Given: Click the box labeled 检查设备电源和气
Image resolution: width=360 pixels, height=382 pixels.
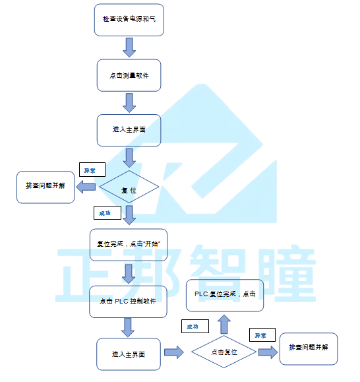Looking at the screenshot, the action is pyautogui.click(x=129, y=20).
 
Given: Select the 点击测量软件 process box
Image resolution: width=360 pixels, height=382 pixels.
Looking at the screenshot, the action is pyautogui.click(x=129, y=75).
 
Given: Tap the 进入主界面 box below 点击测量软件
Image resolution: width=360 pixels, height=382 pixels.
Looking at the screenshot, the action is pyautogui.click(x=129, y=131).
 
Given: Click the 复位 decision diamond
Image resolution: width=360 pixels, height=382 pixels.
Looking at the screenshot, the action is pyautogui.click(x=129, y=187).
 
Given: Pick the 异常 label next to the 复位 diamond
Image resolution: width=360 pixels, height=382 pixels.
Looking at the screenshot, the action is pyautogui.click(x=92, y=170).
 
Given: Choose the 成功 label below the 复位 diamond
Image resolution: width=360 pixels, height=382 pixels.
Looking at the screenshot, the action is pyautogui.click(x=107, y=212).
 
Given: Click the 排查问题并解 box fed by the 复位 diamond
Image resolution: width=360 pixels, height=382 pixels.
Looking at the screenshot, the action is pyautogui.click(x=45, y=187).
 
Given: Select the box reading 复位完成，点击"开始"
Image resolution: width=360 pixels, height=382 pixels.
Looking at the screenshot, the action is pyautogui.click(x=129, y=245).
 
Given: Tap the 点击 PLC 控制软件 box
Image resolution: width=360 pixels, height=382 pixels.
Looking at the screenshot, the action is pyautogui.click(x=128, y=302).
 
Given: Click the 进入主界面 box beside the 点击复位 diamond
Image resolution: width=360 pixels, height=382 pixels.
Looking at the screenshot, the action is pyautogui.click(x=129, y=354).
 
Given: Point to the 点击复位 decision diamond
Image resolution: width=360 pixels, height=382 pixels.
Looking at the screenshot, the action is pyautogui.click(x=224, y=352).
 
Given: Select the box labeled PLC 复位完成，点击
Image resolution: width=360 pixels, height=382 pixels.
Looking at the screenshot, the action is pyautogui.click(x=225, y=296).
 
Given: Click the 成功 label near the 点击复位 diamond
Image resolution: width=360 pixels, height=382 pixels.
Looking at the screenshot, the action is pyautogui.click(x=195, y=326).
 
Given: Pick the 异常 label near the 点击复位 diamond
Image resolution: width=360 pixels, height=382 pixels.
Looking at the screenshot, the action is pyautogui.click(x=262, y=335).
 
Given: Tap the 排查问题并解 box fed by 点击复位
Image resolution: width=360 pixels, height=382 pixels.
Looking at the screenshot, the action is pyautogui.click(x=309, y=349).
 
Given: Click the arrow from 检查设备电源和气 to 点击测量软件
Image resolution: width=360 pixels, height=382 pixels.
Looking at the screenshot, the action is pyautogui.click(x=129, y=48).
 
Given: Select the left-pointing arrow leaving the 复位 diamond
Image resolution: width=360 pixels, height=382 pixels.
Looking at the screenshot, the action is pyautogui.click(x=86, y=187).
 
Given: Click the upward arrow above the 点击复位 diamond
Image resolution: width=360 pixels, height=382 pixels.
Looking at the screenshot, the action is pyautogui.click(x=224, y=324).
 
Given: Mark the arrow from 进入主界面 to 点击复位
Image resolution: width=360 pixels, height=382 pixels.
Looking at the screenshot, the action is pyautogui.click(x=174, y=352).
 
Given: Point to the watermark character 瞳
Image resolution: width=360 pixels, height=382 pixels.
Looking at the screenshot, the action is pyautogui.click(x=289, y=274).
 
